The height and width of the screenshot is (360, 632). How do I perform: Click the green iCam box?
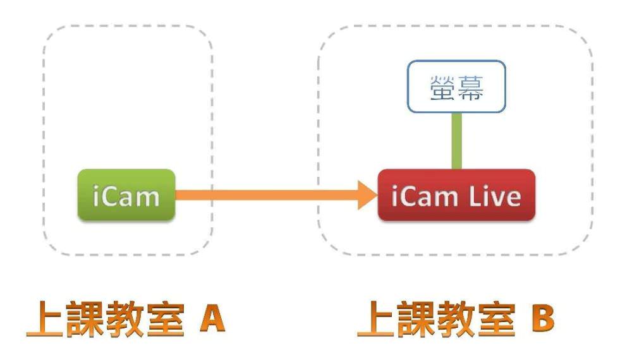pyautogui.click(x=126, y=195)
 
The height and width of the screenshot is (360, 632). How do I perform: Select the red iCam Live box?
pyautogui.click(x=456, y=195)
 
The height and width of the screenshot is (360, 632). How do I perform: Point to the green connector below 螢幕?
pyautogui.click(x=456, y=140)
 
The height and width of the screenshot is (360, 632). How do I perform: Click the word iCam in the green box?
pyautogui.click(x=126, y=196)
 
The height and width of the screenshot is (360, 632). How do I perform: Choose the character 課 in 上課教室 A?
pyautogui.click(x=85, y=320)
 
